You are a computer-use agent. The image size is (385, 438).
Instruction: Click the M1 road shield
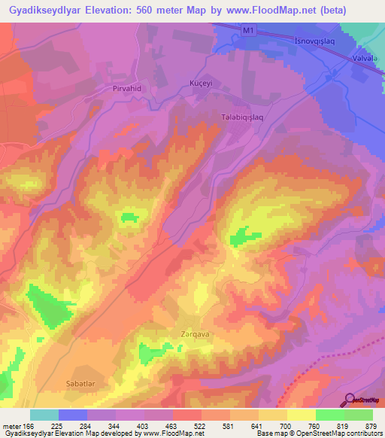pos(249,29)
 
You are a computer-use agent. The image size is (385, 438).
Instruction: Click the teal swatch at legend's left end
pos(44,415)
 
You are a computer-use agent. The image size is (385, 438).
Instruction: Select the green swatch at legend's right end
pos(358,415)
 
